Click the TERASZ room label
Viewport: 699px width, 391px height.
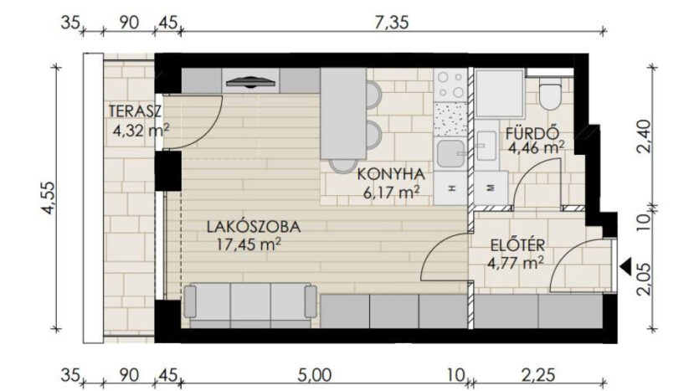pyautogui.click(x=135, y=111)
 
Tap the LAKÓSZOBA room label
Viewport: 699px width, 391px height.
pyautogui.click(x=254, y=227)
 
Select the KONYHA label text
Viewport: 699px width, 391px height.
pyautogui.click(x=391, y=174)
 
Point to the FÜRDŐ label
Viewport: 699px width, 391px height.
pyautogui.click(x=532, y=133)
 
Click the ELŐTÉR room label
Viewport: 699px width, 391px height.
pyautogui.click(x=517, y=245)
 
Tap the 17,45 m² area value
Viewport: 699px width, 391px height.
pyautogui.click(x=249, y=244)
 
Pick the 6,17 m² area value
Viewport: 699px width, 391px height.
pyautogui.click(x=392, y=193)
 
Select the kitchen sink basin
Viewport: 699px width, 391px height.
pyautogui.click(x=450, y=153)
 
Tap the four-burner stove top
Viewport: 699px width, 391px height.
pyautogui.click(x=450, y=85)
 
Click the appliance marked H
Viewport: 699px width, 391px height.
pyautogui.click(x=450, y=188)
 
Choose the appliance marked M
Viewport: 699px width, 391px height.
pyautogui.click(x=491, y=188)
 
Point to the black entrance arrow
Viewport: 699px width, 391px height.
pyautogui.click(x=626, y=265)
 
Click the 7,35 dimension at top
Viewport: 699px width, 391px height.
pyautogui.click(x=391, y=23)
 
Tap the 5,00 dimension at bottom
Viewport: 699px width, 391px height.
pyautogui.click(x=315, y=375)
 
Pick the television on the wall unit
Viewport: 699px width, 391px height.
pyautogui.click(x=250, y=82)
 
